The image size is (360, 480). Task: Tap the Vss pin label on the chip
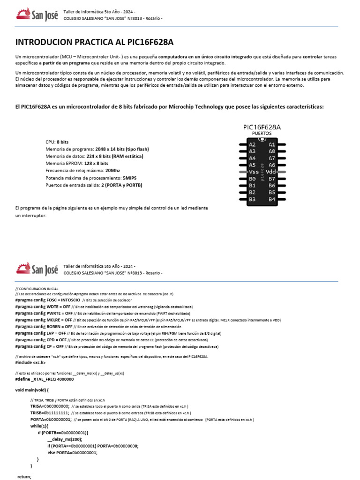253,172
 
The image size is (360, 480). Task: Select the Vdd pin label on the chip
272,172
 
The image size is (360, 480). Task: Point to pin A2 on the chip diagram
252,145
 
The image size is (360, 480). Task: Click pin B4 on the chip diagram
272,199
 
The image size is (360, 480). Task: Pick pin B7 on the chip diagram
272,179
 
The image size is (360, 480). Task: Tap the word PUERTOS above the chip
262,134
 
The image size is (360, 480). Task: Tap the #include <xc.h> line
30,362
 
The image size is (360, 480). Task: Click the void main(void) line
32,390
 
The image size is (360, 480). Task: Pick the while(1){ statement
39,426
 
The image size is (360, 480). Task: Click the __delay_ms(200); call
65,439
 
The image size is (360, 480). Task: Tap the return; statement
24,476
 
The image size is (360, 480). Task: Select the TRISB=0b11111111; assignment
50,413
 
